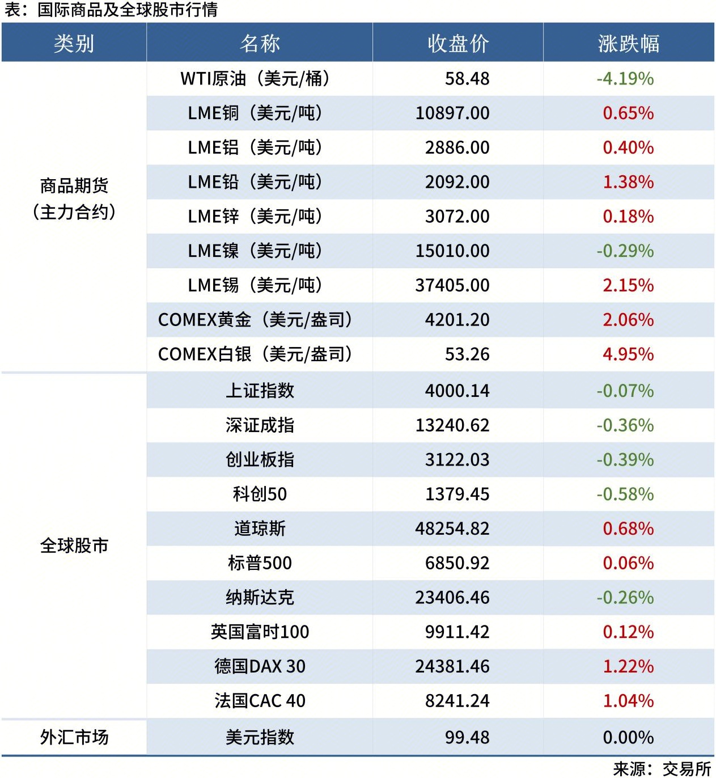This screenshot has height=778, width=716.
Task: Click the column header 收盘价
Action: click(457, 43)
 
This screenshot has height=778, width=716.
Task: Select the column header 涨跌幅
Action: click(628, 43)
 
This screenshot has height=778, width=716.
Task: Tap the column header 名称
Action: click(260, 43)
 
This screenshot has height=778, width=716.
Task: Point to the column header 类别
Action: click(74, 43)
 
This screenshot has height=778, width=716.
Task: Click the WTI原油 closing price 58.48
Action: click(467, 79)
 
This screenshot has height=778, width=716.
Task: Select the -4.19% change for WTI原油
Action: click(625, 79)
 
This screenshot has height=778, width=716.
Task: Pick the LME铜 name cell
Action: click(255, 113)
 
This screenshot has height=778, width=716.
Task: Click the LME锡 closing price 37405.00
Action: click(452, 285)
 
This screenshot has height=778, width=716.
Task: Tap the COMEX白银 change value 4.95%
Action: click(628, 354)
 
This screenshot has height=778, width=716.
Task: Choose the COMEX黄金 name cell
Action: click(255, 320)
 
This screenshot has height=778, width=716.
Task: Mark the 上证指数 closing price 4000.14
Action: click(457, 391)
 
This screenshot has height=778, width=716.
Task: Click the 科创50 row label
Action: click(260, 494)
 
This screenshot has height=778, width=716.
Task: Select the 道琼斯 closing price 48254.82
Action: click(452, 528)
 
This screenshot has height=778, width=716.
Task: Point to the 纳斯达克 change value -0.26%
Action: click(625, 598)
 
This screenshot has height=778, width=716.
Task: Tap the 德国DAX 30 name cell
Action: click(260, 666)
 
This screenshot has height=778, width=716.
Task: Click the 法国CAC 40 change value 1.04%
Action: click(628, 701)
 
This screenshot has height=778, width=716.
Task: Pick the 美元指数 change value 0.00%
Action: click(628, 737)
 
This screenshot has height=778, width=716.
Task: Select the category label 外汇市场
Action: click(74, 737)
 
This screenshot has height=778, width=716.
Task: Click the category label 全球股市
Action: click(74, 546)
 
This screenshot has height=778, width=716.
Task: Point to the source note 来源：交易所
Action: click(662, 768)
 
